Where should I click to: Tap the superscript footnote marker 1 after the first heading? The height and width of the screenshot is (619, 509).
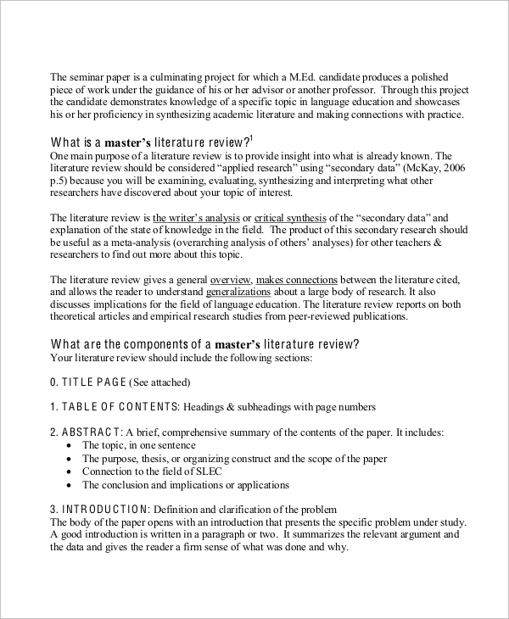tap(252, 137)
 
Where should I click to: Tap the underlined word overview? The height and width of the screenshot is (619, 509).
tap(230, 279)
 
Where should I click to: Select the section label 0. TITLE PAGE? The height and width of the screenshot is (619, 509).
tap(88, 382)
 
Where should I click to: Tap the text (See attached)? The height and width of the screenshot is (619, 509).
tap(160, 382)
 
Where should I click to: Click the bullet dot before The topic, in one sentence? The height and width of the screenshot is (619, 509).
tap(68, 445)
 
